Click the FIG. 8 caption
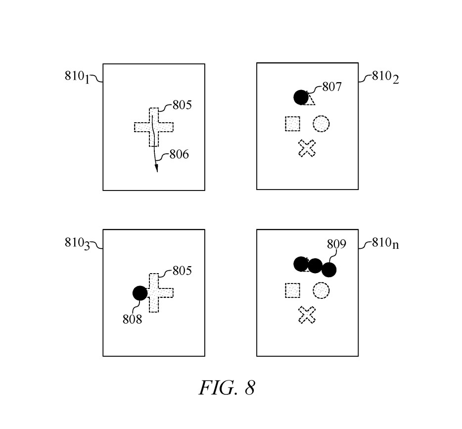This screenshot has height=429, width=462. (227, 387)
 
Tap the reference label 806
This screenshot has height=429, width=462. (179, 154)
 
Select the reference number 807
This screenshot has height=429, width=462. (332, 87)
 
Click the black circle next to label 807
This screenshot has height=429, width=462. (301, 97)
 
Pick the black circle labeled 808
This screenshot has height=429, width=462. (140, 293)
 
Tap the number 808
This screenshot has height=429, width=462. (132, 319)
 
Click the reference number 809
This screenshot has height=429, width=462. (336, 244)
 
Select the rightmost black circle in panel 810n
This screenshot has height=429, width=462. (329, 270)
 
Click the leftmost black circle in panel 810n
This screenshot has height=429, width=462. (301, 264)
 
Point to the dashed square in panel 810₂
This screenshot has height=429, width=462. (293, 124)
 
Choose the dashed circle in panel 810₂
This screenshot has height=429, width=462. (321, 124)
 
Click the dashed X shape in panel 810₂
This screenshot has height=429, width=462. (307, 148)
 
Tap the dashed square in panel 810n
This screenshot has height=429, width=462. (293, 290)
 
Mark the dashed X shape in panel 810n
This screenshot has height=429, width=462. (307, 315)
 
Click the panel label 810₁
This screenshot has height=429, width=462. (77, 77)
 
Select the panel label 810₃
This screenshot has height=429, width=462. (77, 243)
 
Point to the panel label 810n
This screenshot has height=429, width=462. (385, 244)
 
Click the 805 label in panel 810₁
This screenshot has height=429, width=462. (182, 105)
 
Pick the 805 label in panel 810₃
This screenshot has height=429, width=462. (182, 271)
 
